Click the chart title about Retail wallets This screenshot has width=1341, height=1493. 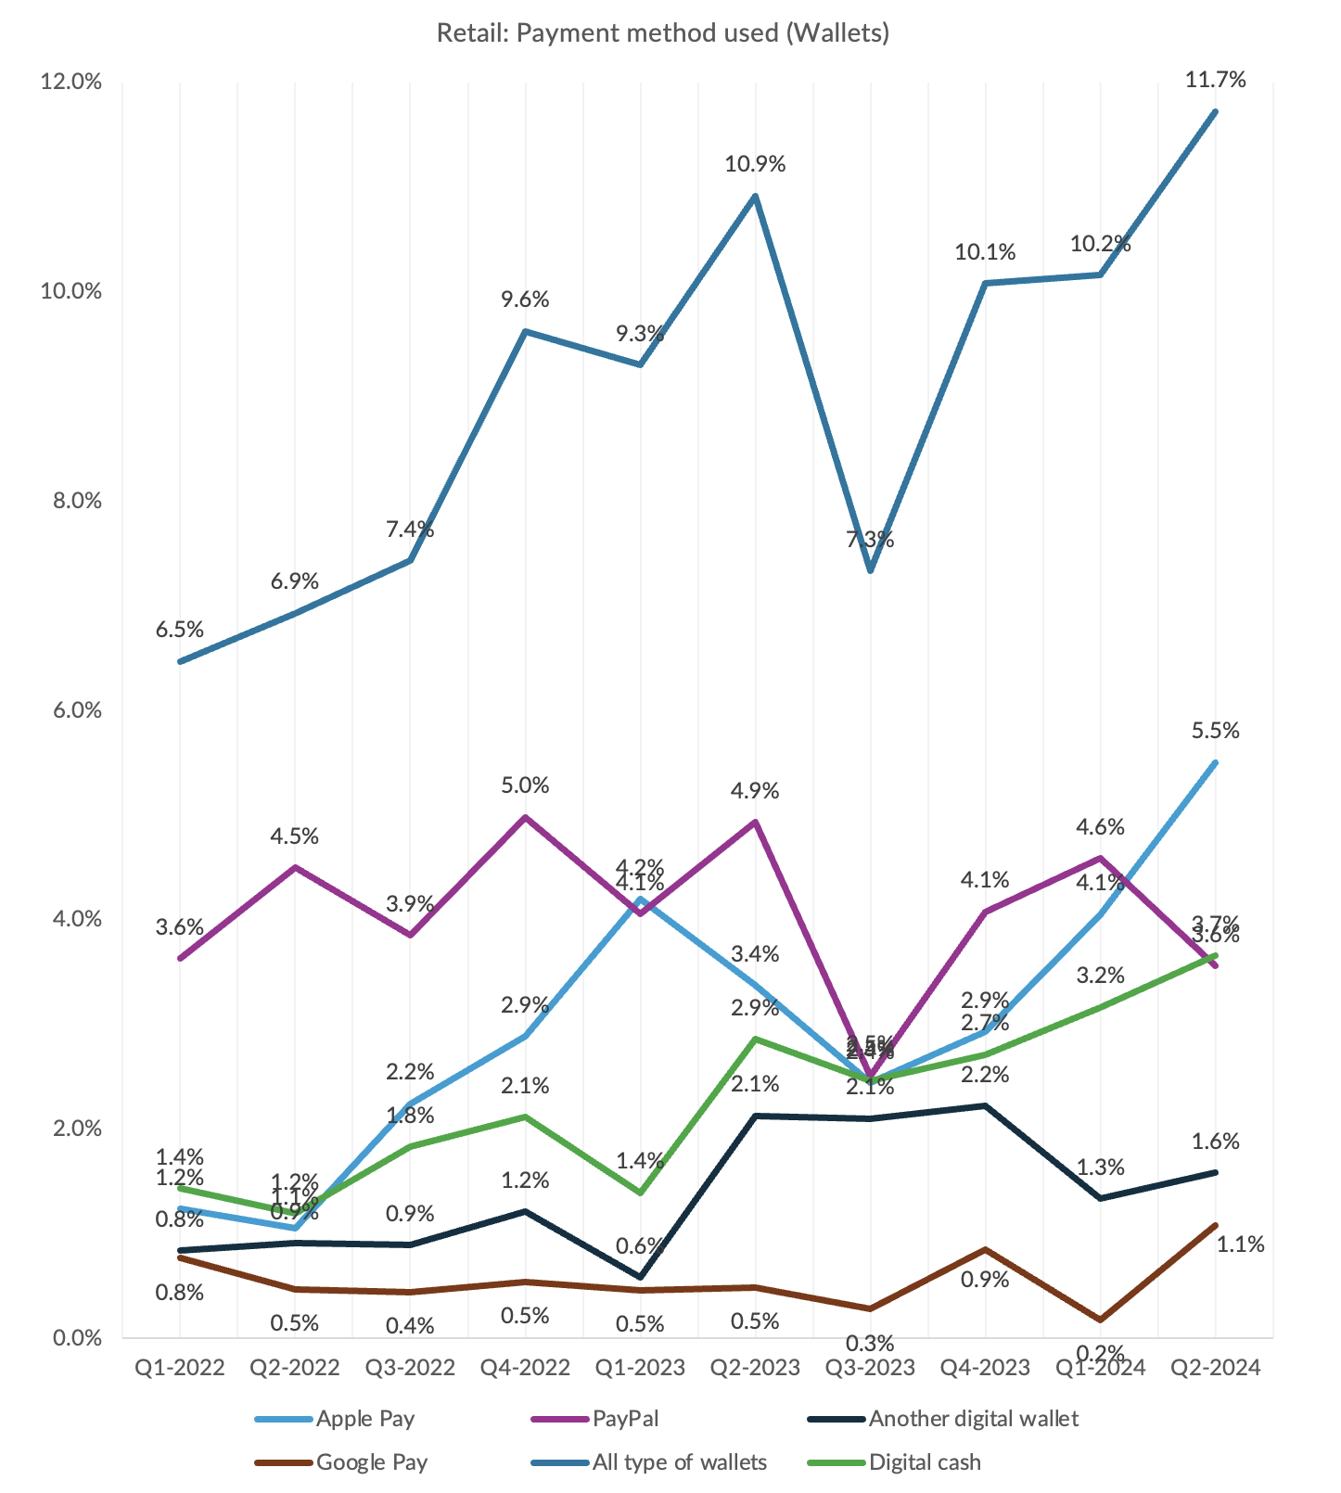[x=663, y=33]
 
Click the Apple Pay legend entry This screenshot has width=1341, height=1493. [x=364, y=1418]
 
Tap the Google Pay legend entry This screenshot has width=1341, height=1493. [x=371, y=1462]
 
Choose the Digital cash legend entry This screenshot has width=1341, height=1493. [x=924, y=1462]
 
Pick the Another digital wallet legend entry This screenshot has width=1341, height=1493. [x=973, y=1418]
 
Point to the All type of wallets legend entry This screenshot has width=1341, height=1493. [x=679, y=1462]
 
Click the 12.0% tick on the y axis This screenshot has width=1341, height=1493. [x=70, y=82]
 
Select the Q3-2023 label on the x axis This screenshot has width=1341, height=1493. [x=870, y=1367]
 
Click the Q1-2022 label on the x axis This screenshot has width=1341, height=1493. [x=180, y=1367]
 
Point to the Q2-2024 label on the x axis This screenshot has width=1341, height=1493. [x=1215, y=1367]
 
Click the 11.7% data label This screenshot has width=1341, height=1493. [x=1215, y=80]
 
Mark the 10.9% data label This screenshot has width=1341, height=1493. [x=755, y=165]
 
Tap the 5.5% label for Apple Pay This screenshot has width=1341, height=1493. [x=1215, y=731]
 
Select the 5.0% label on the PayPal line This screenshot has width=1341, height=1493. [x=525, y=785]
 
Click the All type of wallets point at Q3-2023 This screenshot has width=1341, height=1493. [x=870, y=570]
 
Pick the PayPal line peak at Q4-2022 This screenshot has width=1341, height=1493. [x=526, y=817]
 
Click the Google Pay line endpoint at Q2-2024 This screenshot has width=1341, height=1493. [x=1215, y=1225]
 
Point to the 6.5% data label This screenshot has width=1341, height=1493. [x=179, y=630]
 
